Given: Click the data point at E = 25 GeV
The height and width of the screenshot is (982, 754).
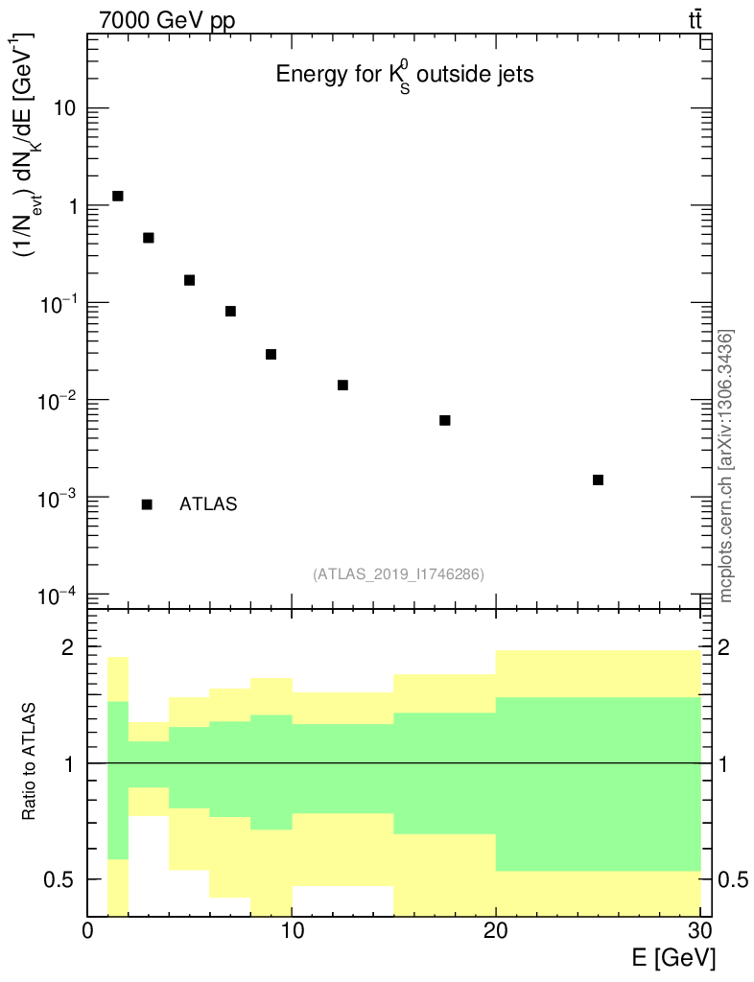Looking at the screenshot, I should point(598,479).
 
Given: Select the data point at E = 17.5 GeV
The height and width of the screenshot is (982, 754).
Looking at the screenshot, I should point(445,420).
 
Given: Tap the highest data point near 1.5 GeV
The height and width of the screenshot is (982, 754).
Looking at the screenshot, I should point(118,196).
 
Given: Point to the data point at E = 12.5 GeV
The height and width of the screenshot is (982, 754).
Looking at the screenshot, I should point(342,385).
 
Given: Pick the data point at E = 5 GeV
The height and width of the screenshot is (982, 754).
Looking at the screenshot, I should point(190,280).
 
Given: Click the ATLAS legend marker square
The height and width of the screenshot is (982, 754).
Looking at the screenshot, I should point(147,504).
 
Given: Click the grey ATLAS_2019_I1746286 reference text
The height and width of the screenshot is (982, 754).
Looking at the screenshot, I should point(398,573).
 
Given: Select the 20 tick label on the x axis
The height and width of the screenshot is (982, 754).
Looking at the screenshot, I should point(496,930).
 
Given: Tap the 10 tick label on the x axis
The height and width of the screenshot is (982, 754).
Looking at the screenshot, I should point(292,930).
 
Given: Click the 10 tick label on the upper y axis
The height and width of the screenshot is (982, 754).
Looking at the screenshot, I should point(63,108).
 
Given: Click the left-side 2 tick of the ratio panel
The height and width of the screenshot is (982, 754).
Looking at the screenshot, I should point(68,647).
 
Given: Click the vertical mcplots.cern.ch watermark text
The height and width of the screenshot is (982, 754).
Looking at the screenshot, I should point(726,466).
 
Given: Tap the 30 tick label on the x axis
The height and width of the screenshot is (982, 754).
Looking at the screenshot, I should point(700,930).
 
